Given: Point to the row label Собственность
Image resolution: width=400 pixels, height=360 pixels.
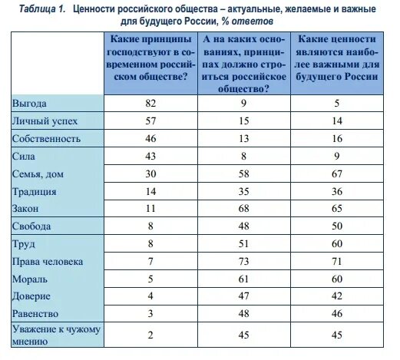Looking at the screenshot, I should tap(48, 138).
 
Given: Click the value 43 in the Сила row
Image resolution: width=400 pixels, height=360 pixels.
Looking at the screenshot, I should tap(150, 156).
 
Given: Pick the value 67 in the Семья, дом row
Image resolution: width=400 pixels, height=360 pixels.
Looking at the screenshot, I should tap(335, 174).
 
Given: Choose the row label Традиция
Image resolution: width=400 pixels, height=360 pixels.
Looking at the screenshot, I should tap(35, 191).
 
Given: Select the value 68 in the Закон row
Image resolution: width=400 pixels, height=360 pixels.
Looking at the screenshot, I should tap(243, 209).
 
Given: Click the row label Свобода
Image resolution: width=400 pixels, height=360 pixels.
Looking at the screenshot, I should tap(33, 226).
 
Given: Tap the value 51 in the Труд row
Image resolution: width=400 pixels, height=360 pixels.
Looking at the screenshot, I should tap(243, 244).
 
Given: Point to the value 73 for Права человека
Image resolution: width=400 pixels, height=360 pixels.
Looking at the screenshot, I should tap(243, 262).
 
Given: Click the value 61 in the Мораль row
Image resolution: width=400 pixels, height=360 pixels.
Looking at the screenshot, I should tap(243, 279).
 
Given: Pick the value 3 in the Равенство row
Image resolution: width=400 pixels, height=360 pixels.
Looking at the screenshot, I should tap(150, 314).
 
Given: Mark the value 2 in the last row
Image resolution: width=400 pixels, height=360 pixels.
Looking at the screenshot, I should tap(150, 334).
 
